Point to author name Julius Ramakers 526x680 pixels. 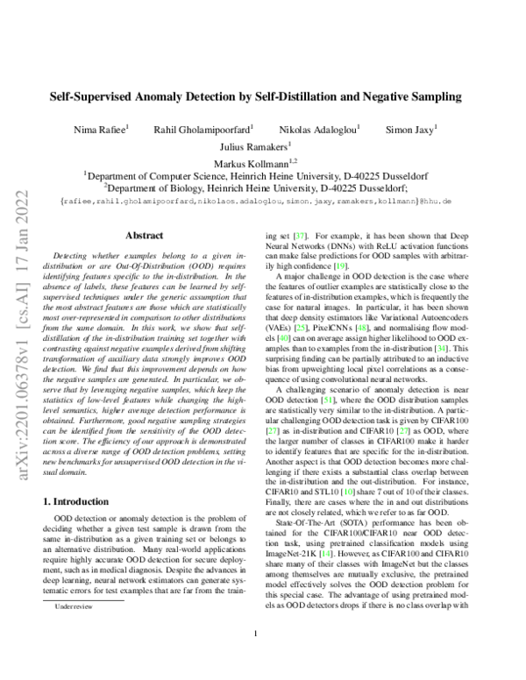(x=262, y=146)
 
